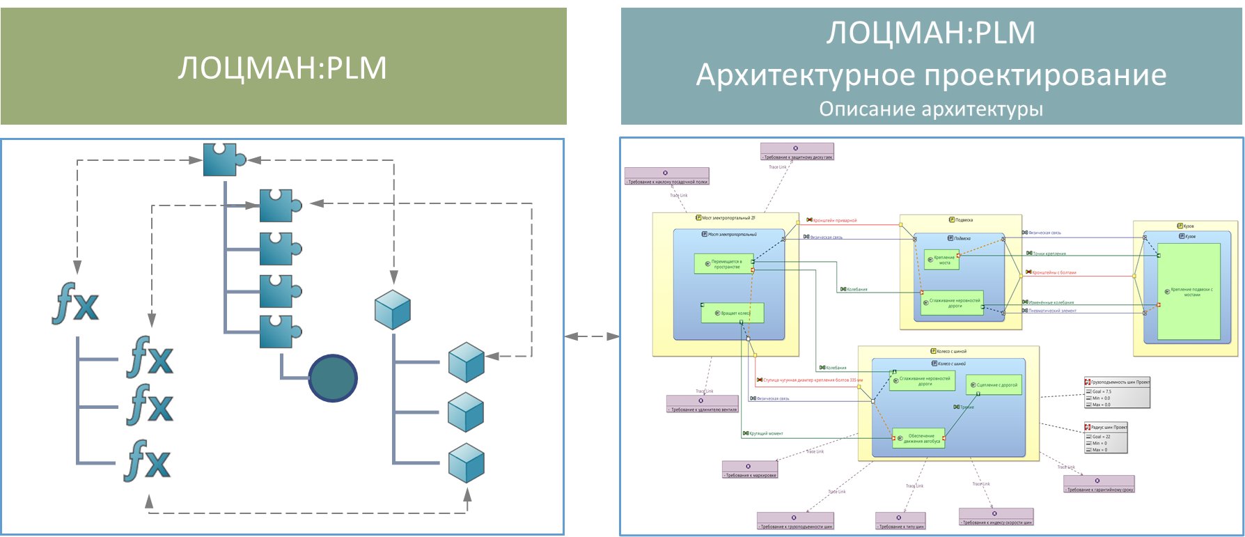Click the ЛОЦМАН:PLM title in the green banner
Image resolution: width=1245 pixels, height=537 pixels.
click(282, 68)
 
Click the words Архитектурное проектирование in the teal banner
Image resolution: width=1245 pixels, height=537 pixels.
click(931, 75)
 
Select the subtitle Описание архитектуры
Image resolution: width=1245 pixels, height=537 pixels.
click(931, 109)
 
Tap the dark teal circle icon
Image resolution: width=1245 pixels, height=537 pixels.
click(333, 378)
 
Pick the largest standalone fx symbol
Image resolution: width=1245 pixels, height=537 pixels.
click(75, 304)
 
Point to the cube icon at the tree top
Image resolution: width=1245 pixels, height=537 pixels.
click(393, 310)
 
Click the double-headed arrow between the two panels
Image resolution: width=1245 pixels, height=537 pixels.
click(592, 336)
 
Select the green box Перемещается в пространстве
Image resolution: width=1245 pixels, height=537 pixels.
click(724, 264)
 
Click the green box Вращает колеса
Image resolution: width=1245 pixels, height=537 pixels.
click(733, 313)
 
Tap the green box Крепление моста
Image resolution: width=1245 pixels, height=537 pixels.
click(941, 260)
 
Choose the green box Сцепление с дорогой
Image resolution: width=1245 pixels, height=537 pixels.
click(994, 384)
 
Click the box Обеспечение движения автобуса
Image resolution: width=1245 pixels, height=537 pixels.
click(919, 438)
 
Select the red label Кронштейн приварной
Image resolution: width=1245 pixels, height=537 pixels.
click(835, 221)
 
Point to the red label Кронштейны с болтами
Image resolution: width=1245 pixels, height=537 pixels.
click(1054, 273)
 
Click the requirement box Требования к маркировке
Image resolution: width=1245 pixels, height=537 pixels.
click(750, 475)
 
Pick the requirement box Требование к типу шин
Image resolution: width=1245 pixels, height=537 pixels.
click(900, 527)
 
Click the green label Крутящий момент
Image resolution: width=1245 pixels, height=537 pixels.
click(766, 433)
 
